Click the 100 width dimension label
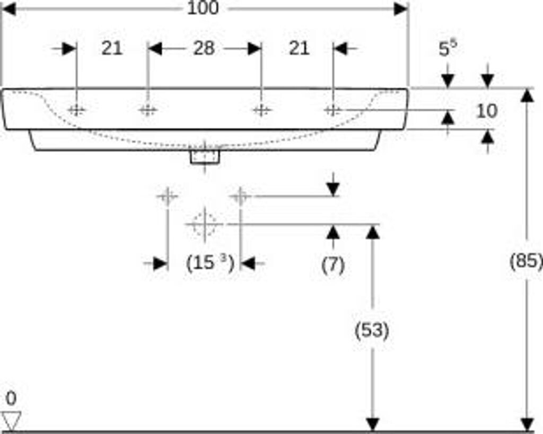click(x=203, y=8)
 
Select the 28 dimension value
click(x=204, y=48)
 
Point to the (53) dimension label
click(x=372, y=330)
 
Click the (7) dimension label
click(x=333, y=265)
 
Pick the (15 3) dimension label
click(x=210, y=263)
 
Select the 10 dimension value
click(x=487, y=111)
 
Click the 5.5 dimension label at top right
click(x=448, y=48)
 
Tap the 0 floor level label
click(x=11, y=398)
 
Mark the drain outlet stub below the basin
click(x=205, y=157)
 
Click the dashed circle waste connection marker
click(x=205, y=224)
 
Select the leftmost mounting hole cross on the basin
click(x=76, y=110)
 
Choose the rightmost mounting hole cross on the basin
click(x=333, y=110)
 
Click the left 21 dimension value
click(x=112, y=48)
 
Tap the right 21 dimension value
click(x=299, y=48)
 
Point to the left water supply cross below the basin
click(x=168, y=196)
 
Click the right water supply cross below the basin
click(x=240, y=196)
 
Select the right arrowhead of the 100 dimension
click(x=401, y=8)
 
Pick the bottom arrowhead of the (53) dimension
click(x=372, y=424)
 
